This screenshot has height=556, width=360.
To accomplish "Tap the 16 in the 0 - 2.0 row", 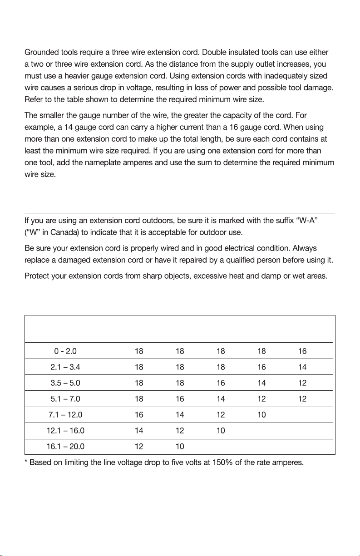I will (302, 351).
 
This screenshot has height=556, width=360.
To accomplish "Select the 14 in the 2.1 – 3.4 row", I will (302, 367).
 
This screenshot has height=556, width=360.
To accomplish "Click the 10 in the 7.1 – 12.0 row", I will (261, 414).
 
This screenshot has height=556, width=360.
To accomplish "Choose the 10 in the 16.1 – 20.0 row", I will (180, 446).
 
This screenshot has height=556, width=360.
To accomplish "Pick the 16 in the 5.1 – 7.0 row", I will (180, 399).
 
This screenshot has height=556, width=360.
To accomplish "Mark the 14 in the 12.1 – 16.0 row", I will (139, 430).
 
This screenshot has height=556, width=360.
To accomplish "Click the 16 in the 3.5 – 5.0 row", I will (221, 383).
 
